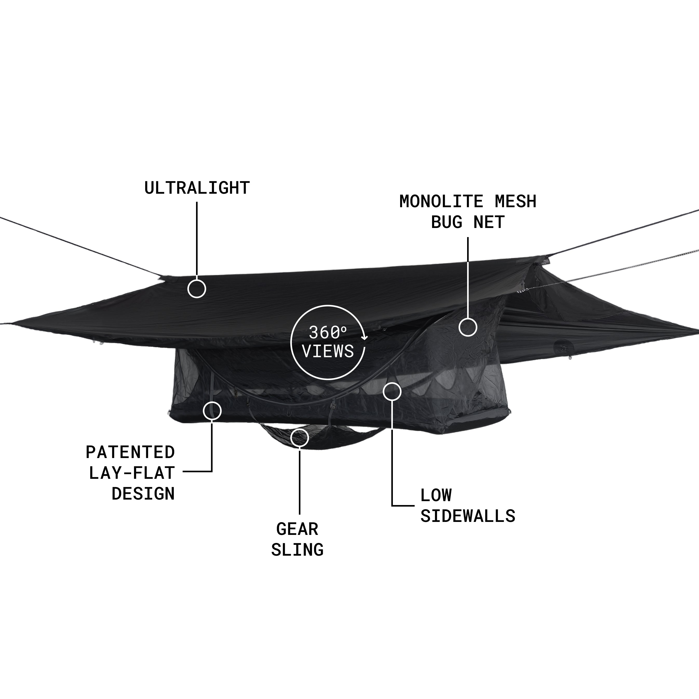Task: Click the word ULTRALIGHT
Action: coord(197,188)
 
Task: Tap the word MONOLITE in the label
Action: coord(441,201)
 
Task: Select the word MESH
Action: coord(516,201)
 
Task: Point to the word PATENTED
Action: coord(130,452)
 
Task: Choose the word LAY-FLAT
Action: coord(132,473)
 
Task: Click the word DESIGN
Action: coord(143,494)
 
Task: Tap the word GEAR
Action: coord(297,529)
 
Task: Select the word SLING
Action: coord(297,550)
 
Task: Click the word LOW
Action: coord(436,495)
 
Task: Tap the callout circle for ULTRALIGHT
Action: coord(197,289)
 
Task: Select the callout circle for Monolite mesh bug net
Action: coord(468,327)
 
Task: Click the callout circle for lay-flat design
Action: coord(212,411)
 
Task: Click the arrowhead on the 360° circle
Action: coord(365,338)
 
